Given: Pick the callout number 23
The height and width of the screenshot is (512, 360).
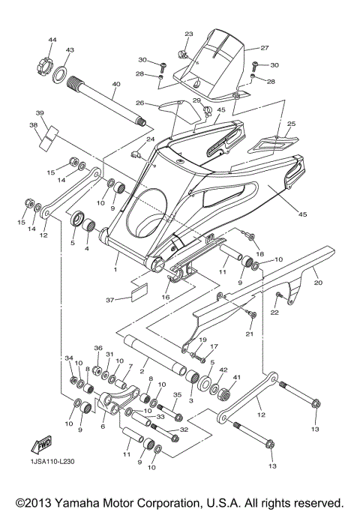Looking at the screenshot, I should pyautogui.click(x=188, y=34).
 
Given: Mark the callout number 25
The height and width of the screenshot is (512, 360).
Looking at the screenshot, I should pyautogui.click(x=292, y=124).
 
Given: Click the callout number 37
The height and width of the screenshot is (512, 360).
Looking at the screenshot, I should pyautogui.click(x=111, y=301).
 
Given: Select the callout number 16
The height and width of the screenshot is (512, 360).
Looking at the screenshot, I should pyautogui.click(x=166, y=297).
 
